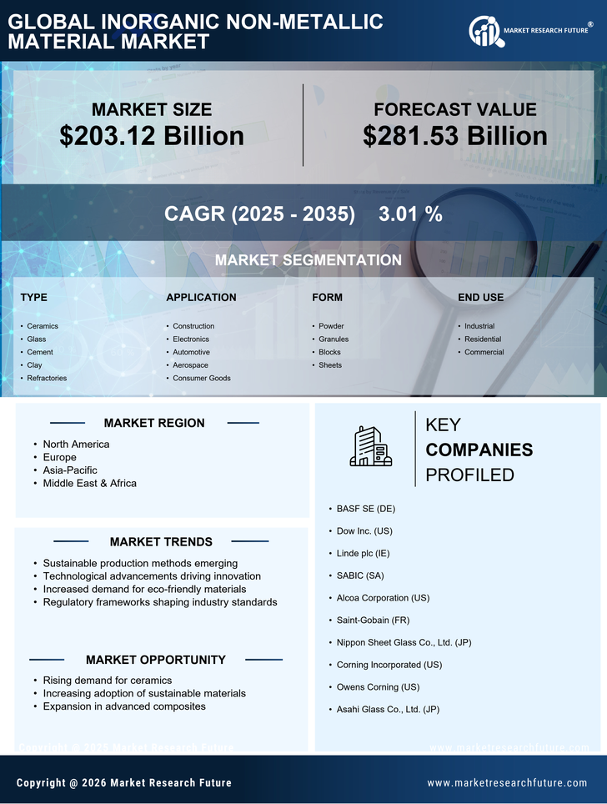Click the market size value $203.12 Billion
tap(152, 136)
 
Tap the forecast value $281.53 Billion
tap(454, 136)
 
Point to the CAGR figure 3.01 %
tap(410, 214)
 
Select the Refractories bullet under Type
tap(47, 378)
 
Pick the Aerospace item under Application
tap(190, 365)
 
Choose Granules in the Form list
tap(334, 339)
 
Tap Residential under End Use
tap(483, 339)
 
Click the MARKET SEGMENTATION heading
tap(308, 260)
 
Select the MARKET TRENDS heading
tap(161, 542)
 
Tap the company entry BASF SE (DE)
tap(366, 508)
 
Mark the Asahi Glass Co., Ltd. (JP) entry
tap(388, 709)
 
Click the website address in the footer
tap(507, 782)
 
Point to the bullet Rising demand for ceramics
tap(108, 680)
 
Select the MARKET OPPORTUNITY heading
tap(155, 660)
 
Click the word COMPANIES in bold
tap(479, 450)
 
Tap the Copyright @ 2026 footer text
tap(124, 782)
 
